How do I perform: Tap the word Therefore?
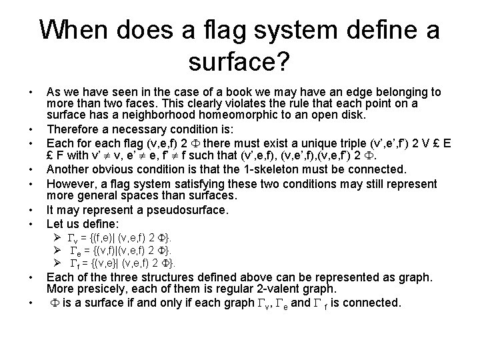[73, 127]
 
